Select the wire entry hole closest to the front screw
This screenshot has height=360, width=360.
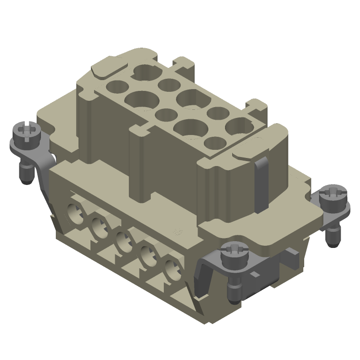tap(171, 270)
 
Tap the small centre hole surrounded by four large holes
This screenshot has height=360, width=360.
tap(165, 115)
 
